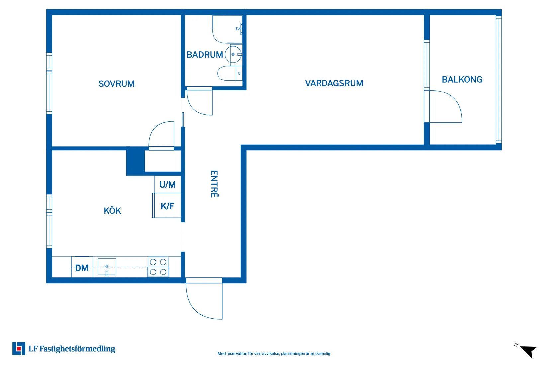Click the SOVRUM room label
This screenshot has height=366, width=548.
click(x=116, y=84)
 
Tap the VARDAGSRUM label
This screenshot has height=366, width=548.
click(x=334, y=83)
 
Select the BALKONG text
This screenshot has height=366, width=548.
click(x=462, y=80)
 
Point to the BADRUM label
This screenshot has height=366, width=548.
click(x=205, y=55)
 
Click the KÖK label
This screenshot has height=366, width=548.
click(x=112, y=210)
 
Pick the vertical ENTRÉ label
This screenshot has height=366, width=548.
click(x=214, y=184)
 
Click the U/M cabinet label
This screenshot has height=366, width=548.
click(x=167, y=185)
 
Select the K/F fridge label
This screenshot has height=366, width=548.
click(x=167, y=206)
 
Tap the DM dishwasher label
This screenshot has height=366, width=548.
click(x=82, y=268)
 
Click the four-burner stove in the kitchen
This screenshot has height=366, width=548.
click(x=158, y=267)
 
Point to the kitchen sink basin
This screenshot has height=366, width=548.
click(x=107, y=267)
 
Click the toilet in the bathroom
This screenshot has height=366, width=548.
click(x=230, y=73)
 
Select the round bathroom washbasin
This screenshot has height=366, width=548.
click(x=233, y=54)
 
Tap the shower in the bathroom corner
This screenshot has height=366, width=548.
click(x=227, y=29)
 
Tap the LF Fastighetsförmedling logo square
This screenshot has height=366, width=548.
click(x=19, y=348)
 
